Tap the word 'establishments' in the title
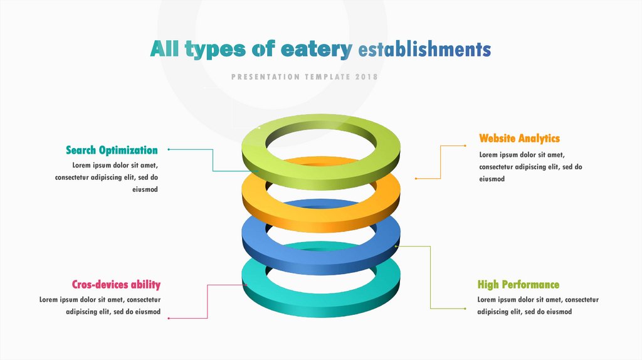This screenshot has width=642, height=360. [424, 50]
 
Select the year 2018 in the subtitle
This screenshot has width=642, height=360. [367, 77]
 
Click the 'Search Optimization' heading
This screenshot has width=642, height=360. [112, 150]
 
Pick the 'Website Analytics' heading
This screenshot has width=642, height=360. [519, 138]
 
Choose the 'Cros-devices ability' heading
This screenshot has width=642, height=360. [116, 284]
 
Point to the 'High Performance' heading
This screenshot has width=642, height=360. [518, 284]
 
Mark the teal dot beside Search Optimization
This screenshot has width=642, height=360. [169, 149]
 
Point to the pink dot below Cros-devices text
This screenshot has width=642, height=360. [169, 318]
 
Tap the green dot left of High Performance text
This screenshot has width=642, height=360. [466, 308]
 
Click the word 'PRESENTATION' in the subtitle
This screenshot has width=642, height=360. [265, 77]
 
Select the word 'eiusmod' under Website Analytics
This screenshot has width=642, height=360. [492, 179]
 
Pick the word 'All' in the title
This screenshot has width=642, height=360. [164, 50]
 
